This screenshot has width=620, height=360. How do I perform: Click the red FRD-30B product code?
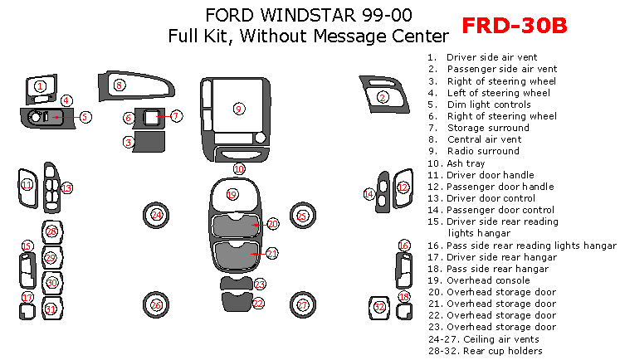click(515, 26)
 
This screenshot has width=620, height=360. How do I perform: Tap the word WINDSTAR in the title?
click(308, 16)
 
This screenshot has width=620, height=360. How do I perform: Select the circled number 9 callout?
click(238, 109)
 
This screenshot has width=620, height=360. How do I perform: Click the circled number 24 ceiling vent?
click(157, 215)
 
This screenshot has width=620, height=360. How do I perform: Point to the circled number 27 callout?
click(302, 305)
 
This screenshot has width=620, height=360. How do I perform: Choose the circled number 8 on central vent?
click(119, 85)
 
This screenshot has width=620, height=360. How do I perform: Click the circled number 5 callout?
click(85, 117)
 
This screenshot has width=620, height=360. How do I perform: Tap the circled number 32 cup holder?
click(379, 307)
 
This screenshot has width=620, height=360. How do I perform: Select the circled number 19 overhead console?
click(232, 194)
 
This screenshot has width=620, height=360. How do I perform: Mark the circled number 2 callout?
click(383, 97)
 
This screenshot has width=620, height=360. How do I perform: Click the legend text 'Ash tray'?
click(466, 163)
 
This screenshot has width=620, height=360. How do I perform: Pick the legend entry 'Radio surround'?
click(483, 151)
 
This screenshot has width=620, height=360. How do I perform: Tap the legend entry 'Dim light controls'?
click(489, 105)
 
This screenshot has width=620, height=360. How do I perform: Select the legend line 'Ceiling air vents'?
click(501, 339)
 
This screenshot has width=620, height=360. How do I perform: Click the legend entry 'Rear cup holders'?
click(503, 351)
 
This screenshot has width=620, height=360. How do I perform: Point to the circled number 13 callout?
click(66, 188)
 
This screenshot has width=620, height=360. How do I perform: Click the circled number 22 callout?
click(258, 304)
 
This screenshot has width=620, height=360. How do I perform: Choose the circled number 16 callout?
click(403, 246)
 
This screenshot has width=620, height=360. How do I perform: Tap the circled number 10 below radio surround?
click(239, 169)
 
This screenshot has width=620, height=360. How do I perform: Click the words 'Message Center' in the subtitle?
click(381, 36)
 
